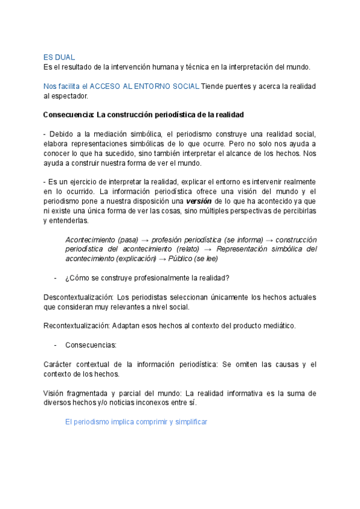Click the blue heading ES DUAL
[x=59, y=57]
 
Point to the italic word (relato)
[x=185, y=249]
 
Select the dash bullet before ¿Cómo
[x=56, y=278]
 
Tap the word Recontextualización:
[x=76, y=326]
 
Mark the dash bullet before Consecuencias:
[x=56, y=345]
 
